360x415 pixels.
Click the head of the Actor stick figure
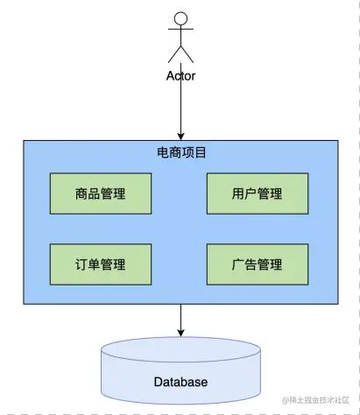(x=180, y=18)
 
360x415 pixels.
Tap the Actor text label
(x=180, y=75)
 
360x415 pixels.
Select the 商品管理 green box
(x=101, y=193)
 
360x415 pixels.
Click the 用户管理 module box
(x=258, y=193)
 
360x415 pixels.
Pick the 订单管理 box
(x=101, y=264)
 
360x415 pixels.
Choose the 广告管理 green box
(x=258, y=264)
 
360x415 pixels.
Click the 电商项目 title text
(x=180, y=152)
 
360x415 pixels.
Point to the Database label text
(x=180, y=382)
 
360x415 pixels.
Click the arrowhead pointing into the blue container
(x=180, y=135)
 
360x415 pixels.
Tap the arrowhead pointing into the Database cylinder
(x=180, y=333)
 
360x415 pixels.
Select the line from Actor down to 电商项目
(x=180, y=105)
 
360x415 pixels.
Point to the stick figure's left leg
(x=173, y=54)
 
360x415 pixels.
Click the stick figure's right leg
(x=187, y=54)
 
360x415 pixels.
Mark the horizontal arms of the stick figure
(x=180, y=34)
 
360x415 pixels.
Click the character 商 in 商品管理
(x=81, y=193)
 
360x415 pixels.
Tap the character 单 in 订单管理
(x=95, y=264)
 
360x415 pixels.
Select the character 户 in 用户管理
(x=251, y=193)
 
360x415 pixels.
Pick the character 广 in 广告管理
(x=238, y=264)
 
